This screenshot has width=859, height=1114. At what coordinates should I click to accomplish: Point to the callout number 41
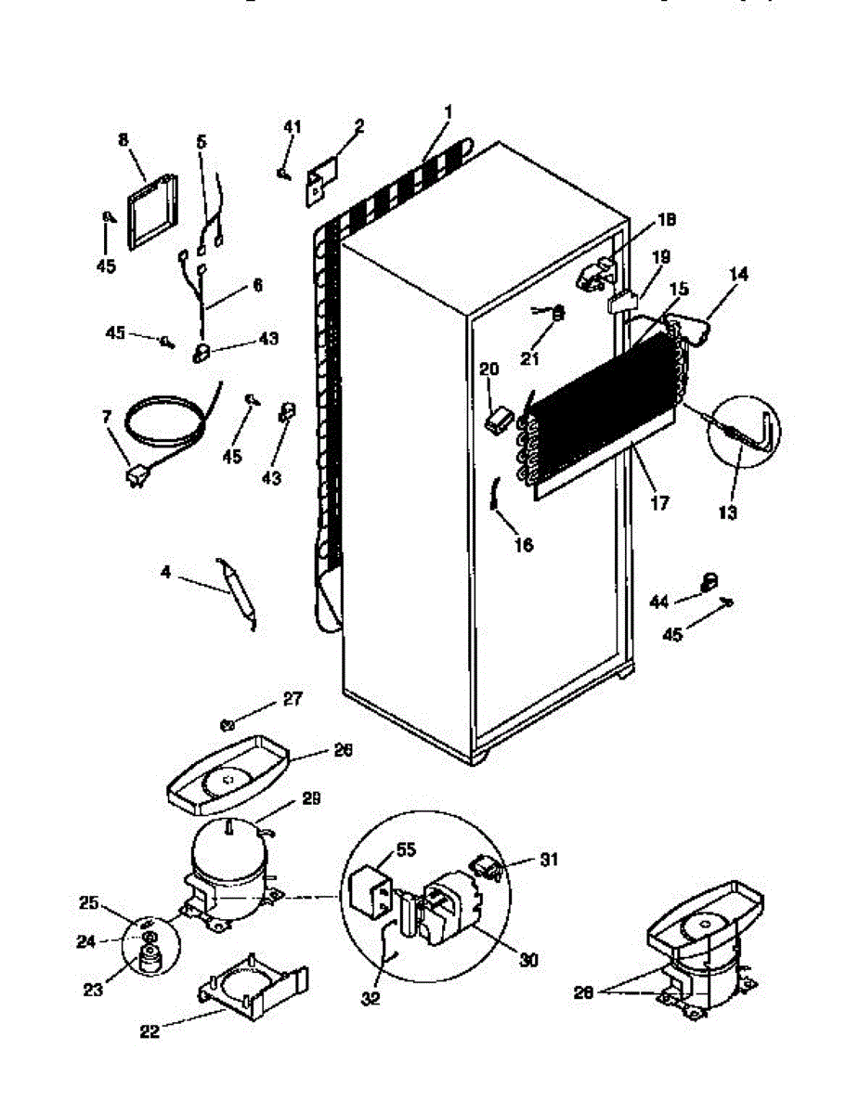click(293, 127)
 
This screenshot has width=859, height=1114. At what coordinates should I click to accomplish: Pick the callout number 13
click(727, 512)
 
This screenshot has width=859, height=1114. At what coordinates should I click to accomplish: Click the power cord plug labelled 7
click(137, 476)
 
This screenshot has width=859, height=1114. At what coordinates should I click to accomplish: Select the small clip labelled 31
click(486, 866)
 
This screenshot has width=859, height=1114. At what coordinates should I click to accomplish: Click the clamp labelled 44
click(709, 581)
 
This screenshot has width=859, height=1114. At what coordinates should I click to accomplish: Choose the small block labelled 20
click(498, 420)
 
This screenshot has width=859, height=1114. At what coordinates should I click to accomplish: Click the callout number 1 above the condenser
click(448, 112)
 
